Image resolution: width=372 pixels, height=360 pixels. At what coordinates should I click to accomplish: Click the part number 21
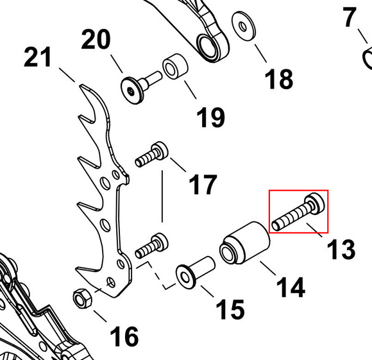point(37,57)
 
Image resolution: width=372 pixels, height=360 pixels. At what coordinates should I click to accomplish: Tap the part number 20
point(96,39)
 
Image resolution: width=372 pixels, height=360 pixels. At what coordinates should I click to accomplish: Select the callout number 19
point(210,117)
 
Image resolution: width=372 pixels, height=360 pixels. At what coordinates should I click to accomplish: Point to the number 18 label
point(279,80)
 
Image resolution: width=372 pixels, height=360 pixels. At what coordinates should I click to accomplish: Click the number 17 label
point(203,184)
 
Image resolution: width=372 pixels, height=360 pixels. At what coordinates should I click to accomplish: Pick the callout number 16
point(124,336)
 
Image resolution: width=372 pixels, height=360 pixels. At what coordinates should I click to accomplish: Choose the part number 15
point(230,309)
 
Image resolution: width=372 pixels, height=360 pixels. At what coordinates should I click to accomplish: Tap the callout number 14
point(291,287)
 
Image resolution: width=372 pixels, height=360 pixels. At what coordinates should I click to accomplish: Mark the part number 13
point(341,249)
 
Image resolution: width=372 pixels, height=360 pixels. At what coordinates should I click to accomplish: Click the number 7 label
point(350,17)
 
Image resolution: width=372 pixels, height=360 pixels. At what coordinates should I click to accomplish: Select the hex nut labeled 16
point(82,298)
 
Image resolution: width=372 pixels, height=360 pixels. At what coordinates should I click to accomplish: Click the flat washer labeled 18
point(244,26)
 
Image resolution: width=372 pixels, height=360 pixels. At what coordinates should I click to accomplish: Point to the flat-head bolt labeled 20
point(140,87)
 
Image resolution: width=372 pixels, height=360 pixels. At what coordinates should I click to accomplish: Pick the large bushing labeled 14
point(244,243)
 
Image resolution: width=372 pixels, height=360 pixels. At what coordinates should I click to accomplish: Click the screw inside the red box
point(298,212)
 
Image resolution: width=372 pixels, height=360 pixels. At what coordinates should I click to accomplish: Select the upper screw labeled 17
point(151,154)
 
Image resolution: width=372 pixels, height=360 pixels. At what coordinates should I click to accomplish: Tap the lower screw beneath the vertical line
point(151,246)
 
